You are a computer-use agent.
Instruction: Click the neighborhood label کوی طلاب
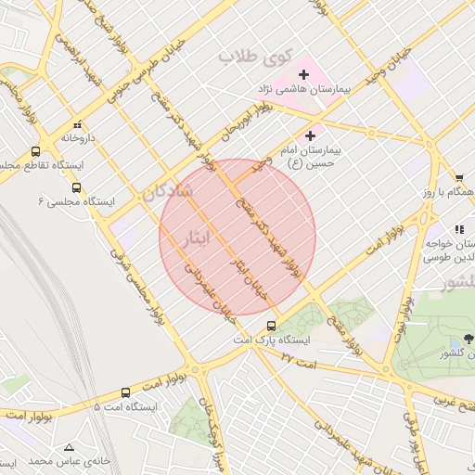250,58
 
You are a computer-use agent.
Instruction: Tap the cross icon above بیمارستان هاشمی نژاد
303,73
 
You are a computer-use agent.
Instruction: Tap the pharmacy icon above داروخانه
78,123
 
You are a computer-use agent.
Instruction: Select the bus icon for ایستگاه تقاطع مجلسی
36,151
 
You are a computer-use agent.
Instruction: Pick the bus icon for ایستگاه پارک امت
271,326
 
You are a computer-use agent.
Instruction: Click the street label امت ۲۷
299,358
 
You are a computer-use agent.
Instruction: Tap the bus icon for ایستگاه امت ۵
126,392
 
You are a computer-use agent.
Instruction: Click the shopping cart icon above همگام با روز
459,177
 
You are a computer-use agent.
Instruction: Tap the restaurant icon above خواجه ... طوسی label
459,228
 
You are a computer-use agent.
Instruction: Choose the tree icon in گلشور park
468,339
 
